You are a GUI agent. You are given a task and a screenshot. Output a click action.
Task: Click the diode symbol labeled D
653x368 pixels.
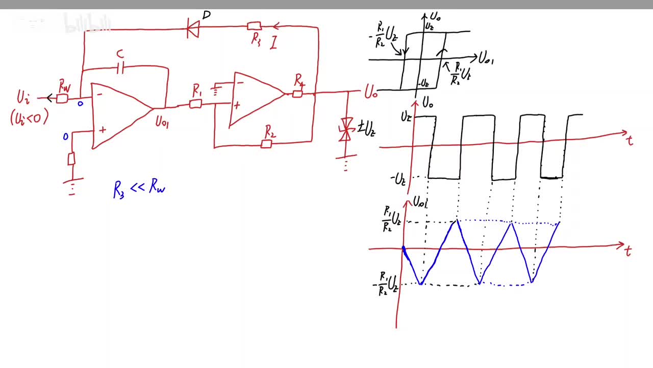(x=193, y=29)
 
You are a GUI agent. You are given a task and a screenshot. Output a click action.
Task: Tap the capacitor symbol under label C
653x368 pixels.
(x=120, y=68)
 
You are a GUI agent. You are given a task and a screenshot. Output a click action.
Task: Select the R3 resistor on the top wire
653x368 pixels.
(x=254, y=26)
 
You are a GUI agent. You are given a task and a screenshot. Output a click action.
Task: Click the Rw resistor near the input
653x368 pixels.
(x=62, y=98)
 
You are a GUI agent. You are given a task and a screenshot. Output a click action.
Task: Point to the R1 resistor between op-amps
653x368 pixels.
(x=195, y=104)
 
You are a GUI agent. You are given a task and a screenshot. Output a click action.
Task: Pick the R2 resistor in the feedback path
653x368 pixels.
(x=266, y=144)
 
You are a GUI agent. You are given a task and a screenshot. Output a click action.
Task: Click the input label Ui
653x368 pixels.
(x=23, y=97)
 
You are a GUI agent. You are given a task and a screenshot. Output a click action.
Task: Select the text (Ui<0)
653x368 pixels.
(x=29, y=118)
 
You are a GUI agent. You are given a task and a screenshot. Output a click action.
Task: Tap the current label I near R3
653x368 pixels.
(x=274, y=42)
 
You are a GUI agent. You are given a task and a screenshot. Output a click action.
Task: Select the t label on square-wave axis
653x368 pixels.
(x=631, y=140)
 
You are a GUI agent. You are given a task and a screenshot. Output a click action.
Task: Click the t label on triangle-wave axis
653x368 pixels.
(x=628, y=250)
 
